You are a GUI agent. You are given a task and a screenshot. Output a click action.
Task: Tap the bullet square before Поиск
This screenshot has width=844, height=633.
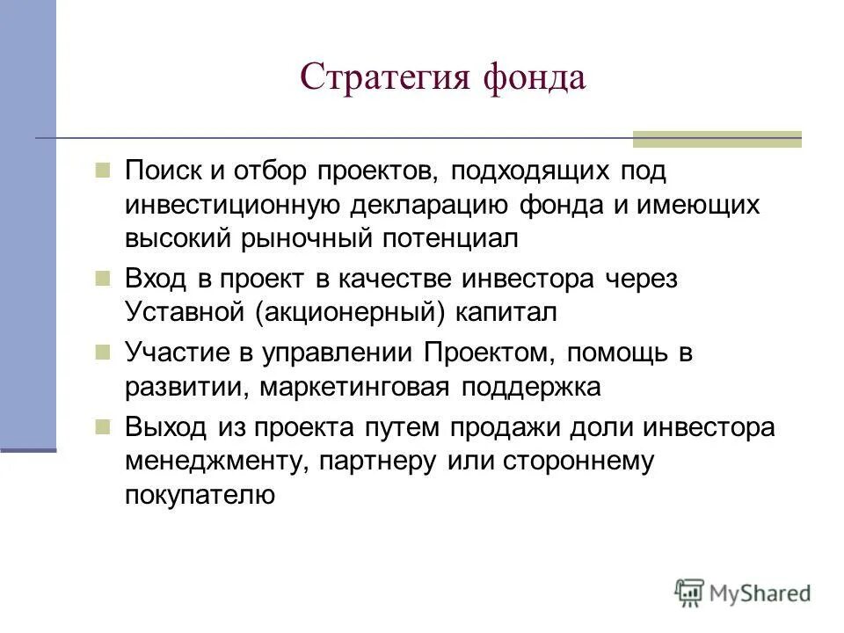click(103, 169)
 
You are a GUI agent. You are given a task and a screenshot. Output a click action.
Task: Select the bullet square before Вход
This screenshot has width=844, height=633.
click(103, 278)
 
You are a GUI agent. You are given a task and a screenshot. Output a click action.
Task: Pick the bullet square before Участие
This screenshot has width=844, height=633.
click(103, 352)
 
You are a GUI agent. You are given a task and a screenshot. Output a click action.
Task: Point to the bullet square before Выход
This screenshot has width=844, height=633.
click(103, 426)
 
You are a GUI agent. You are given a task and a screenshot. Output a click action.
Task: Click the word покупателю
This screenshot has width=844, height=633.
click(200, 495)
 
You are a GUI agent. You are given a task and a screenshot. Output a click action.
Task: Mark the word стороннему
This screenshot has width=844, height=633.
click(580, 461)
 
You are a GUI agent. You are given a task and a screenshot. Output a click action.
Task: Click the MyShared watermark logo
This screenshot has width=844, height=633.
click(743, 593)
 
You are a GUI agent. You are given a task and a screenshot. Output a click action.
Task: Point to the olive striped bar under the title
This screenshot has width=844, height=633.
click(717, 138)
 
